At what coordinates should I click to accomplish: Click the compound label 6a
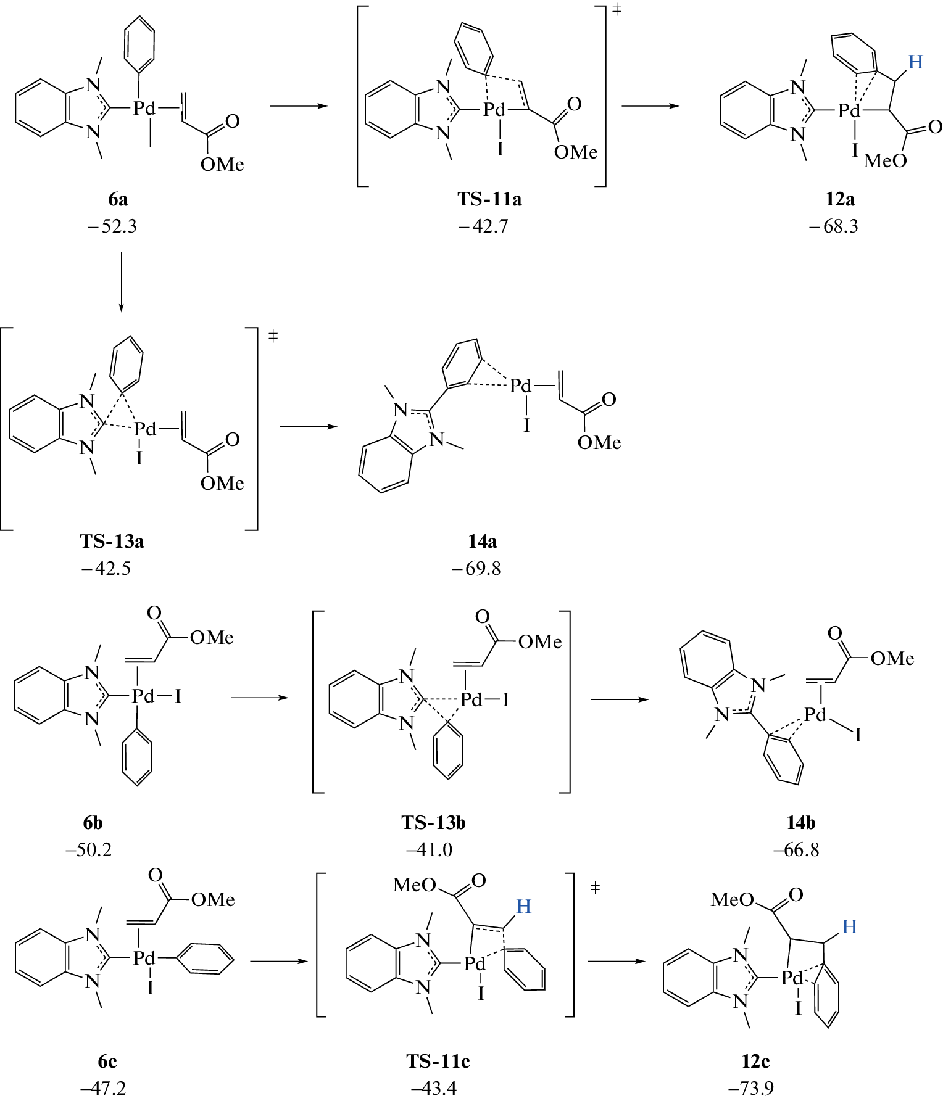point(118,199)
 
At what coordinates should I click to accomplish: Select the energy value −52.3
point(112,226)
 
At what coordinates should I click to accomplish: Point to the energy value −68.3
point(834,226)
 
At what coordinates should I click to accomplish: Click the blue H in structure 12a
point(915,62)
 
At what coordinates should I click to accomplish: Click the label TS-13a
point(112,541)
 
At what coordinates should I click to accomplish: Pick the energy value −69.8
point(476,568)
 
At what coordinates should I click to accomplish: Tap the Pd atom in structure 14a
point(520,387)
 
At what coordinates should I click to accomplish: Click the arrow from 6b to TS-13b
point(259,698)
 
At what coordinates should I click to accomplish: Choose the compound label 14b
point(800,822)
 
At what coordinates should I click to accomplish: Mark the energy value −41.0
point(429,849)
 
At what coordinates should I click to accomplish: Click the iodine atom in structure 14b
point(858,735)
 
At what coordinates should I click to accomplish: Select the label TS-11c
point(438,1061)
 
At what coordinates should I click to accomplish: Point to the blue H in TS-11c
point(523,906)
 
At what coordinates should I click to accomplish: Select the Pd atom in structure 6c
point(144,958)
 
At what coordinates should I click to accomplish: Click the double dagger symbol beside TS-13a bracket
point(273,336)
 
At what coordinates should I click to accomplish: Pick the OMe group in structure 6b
point(212,637)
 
